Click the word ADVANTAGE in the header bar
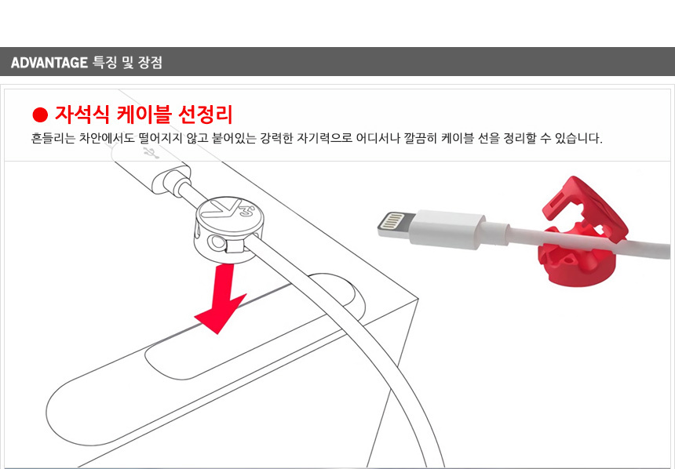(x=49, y=63)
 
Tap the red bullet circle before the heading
(x=40, y=115)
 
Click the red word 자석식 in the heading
(x=82, y=115)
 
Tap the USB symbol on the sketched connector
(x=150, y=152)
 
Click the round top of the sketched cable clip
(x=229, y=213)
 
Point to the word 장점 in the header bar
(x=150, y=63)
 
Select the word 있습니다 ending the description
(x=578, y=139)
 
